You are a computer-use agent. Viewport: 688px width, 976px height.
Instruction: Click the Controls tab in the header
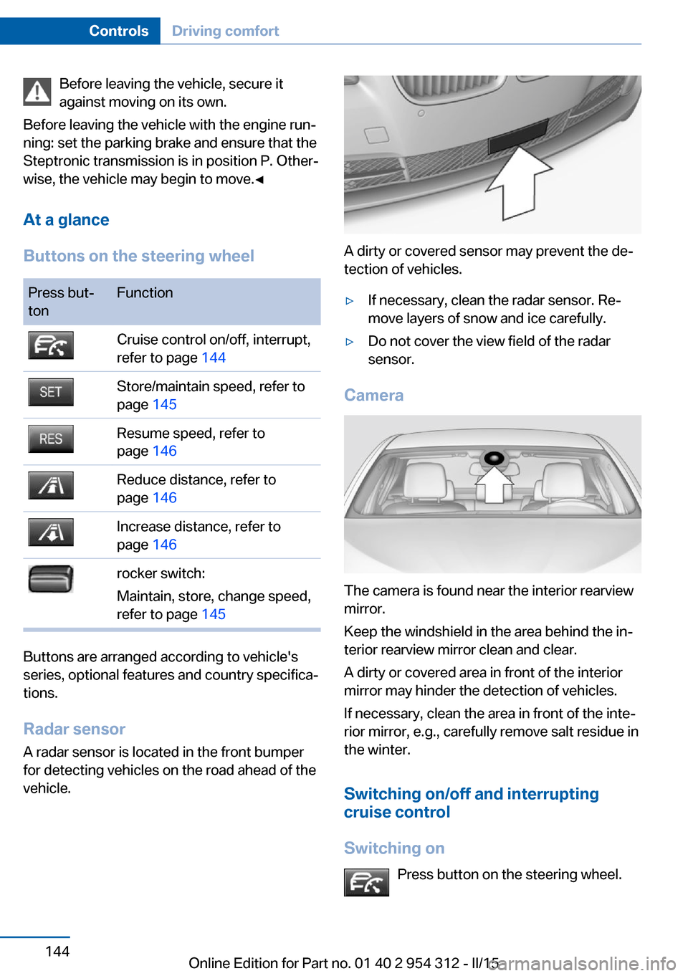click(x=118, y=31)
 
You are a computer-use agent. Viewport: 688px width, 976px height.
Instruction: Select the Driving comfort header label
click(x=225, y=31)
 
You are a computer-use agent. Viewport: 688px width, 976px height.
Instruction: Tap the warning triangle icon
click(x=37, y=92)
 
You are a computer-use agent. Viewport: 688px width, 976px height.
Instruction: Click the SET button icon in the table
click(x=51, y=392)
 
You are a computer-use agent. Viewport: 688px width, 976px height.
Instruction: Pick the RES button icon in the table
click(x=51, y=439)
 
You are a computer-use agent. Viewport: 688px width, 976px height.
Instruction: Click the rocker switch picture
click(x=51, y=579)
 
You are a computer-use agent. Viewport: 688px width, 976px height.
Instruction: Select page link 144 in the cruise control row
click(x=214, y=358)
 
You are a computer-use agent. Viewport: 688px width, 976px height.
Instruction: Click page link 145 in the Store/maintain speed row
click(x=164, y=405)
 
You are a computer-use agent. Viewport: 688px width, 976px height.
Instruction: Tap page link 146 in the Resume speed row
click(x=164, y=451)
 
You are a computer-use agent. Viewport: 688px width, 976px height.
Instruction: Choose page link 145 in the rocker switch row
click(x=214, y=615)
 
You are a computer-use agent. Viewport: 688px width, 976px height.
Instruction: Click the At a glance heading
click(x=66, y=220)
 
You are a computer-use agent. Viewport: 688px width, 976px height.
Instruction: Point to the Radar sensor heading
click(x=75, y=729)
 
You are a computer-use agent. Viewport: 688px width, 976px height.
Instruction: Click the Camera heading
click(x=373, y=396)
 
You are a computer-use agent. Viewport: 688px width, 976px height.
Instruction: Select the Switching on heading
click(x=394, y=848)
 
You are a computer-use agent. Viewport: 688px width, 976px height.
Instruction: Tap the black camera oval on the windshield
click(x=494, y=458)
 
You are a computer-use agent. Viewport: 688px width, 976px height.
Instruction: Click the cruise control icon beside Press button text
click(x=366, y=882)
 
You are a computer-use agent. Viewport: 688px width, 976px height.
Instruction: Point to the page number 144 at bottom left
click(x=57, y=951)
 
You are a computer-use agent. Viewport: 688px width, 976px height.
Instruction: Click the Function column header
click(x=145, y=293)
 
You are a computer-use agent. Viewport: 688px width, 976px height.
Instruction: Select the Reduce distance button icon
click(x=51, y=486)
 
